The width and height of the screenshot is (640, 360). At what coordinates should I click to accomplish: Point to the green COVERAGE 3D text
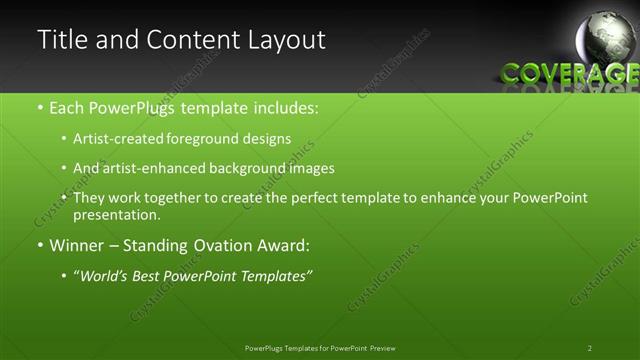point(568,73)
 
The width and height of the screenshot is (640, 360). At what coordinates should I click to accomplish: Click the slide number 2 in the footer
point(590,348)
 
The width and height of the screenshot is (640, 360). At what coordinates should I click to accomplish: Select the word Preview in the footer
point(389,348)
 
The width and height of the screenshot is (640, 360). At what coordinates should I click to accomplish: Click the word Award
point(285,245)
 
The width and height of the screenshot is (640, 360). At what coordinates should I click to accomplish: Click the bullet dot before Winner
point(40,246)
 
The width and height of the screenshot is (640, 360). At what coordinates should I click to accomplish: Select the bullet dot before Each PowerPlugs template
point(40,106)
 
